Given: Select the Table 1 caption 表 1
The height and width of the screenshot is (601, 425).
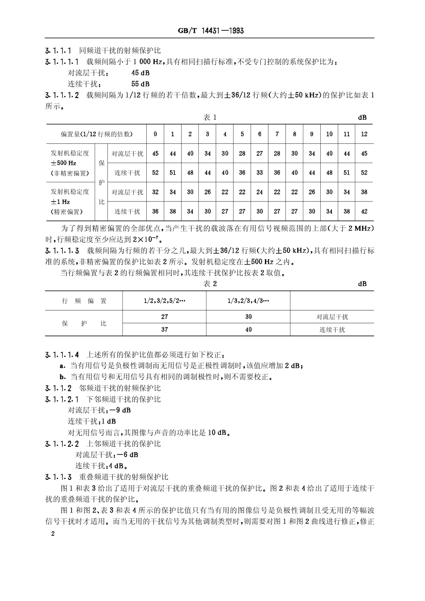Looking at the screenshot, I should tap(210, 117).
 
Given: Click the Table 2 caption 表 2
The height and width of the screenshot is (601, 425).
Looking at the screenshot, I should tap(210, 284).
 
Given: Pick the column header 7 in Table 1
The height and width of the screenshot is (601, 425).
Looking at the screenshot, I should tap(277, 134).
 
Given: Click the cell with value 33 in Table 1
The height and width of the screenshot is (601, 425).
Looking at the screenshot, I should tap(259, 172).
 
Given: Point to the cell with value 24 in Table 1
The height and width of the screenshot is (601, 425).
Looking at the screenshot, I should tap(259, 192).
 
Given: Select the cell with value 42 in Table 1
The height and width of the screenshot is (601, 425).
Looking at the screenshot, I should tap(364, 211).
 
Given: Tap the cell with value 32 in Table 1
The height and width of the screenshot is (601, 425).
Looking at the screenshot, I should tap(155, 192).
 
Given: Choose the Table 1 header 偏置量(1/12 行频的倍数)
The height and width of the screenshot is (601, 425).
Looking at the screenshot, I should tap(97, 134).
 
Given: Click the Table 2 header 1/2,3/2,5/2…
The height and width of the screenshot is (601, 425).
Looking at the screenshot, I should tap(164, 301).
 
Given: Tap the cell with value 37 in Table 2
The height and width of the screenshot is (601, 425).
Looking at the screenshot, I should tap(164, 329).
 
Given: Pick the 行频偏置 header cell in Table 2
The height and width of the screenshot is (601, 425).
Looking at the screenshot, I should tap(84, 301).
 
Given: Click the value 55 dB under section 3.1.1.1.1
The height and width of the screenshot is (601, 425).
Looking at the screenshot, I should tap(140, 84).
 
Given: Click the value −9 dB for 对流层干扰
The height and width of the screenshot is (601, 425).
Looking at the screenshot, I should tap(120, 410).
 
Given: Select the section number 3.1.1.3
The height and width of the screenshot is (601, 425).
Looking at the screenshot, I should tap(59, 477).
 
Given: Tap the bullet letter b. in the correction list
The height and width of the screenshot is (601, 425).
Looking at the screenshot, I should tap(63, 376).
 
